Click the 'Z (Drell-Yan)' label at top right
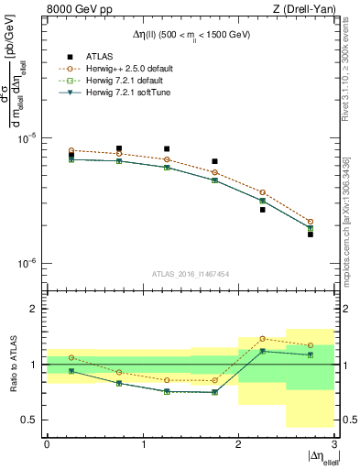click(x=302, y=10)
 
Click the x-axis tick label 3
click(x=333, y=444)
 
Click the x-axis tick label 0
click(x=47, y=444)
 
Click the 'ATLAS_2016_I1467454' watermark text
click(x=191, y=274)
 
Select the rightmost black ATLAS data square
click(x=311, y=234)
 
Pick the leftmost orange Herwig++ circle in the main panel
click(x=71, y=150)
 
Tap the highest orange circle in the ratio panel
click(x=263, y=338)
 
